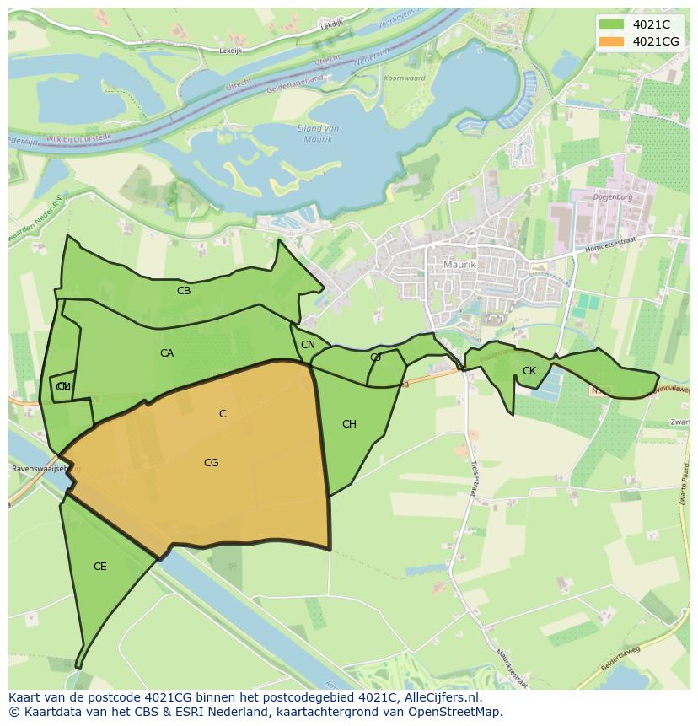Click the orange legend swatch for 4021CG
tap(612, 41)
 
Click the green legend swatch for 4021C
tap(612, 24)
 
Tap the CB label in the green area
tap(184, 291)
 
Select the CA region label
tap(167, 353)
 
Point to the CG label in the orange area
tap(212, 463)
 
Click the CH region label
tap(349, 424)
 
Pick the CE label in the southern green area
tap(100, 567)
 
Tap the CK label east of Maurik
tap(529, 371)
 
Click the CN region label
tap(308, 345)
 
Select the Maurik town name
tap(459, 265)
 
